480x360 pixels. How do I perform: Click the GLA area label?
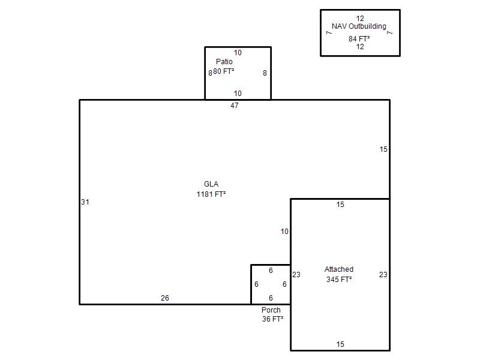coord(211,184)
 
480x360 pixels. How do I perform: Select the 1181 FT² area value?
coord(211,194)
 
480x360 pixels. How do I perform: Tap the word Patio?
coord(224,62)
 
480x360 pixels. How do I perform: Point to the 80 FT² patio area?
coord(224,71)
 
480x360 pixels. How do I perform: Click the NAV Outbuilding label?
coord(359,26)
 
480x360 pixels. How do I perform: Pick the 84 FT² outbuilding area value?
coord(359,39)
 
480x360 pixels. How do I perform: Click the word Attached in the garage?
coord(339,269)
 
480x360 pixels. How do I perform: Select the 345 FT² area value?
coord(339,279)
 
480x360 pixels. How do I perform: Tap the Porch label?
coord(271,310)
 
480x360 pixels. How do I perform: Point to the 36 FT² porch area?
coord(272,319)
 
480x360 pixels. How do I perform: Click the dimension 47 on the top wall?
coord(235,106)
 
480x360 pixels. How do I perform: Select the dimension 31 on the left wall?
coord(85,202)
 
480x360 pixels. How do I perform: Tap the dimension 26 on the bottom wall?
coord(165,298)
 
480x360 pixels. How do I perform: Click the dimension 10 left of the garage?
coord(284,232)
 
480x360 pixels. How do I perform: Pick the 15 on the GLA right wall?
coord(383,149)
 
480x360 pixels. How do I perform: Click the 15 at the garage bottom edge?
coord(340,344)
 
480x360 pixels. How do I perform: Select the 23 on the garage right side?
coord(383,275)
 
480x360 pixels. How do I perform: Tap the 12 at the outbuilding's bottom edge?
coord(360,47)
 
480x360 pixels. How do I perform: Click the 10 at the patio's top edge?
coord(238,53)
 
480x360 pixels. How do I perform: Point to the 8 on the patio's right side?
coord(265,73)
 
